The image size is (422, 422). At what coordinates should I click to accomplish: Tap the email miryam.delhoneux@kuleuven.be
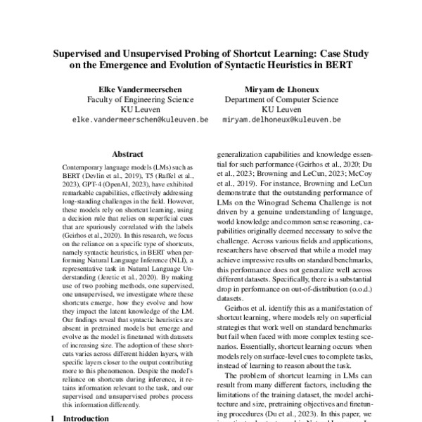pyautogui.click(x=281, y=120)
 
